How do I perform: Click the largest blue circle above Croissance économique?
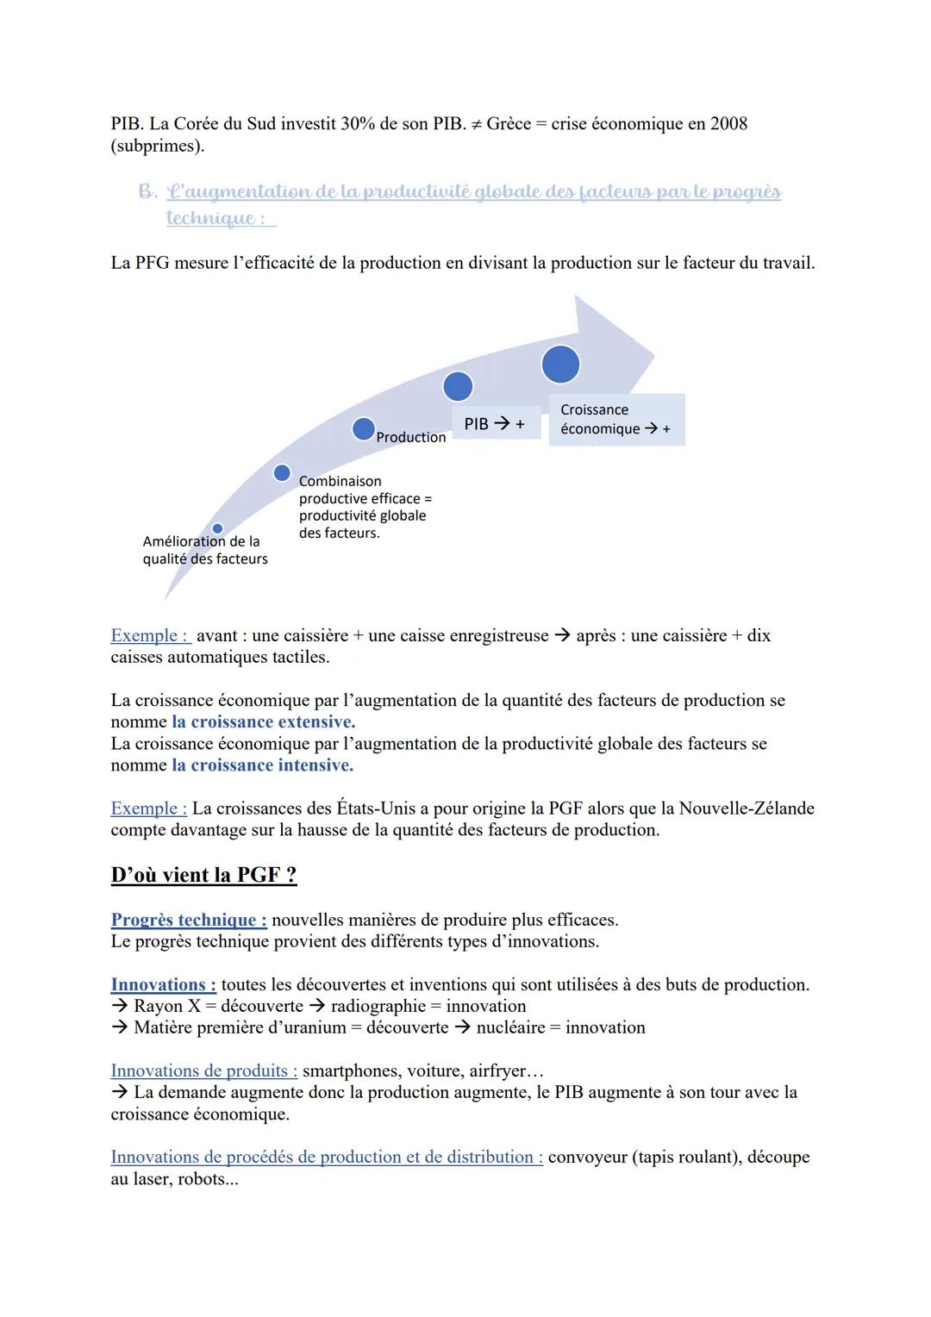[560, 365]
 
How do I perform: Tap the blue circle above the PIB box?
[458, 386]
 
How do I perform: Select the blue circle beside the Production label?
[364, 428]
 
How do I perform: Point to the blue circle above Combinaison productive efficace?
[282, 472]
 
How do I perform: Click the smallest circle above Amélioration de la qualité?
[217, 528]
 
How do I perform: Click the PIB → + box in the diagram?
[495, 424]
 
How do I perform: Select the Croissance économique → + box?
[615, 420]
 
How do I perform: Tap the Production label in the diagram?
[411, 438]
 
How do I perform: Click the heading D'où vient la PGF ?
[203, 875]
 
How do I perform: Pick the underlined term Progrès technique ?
[189, 920]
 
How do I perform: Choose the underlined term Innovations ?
[163, 984]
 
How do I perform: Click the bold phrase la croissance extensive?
[263, 722]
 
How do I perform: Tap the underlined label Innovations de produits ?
[203, 1070]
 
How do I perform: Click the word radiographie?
[378, 1006]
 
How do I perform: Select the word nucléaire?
[510, 1027]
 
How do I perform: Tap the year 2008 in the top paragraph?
[728, 123]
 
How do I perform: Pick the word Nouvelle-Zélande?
[747, 808]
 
